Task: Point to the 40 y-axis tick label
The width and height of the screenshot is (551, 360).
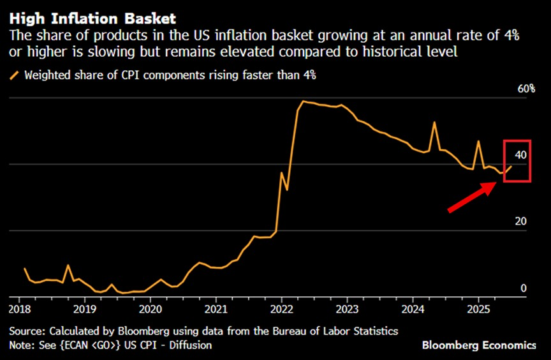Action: coord(520,155)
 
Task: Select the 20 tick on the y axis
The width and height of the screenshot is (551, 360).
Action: coord(520,221)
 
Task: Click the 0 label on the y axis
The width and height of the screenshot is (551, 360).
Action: coord(524,289)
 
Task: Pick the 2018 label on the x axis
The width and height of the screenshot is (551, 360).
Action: coord(21,308)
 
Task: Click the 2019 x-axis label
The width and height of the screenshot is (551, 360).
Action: coord(85,308)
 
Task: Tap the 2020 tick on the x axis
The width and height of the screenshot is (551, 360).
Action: coord(151,308)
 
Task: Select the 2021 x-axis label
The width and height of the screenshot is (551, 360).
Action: coord(216,308)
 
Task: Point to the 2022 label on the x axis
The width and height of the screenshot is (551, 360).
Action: coord(281,308)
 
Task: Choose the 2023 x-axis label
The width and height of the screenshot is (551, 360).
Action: coord(347,308)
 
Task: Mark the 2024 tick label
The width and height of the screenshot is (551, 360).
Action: coord(412,308)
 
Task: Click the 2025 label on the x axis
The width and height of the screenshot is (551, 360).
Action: coord(478,308)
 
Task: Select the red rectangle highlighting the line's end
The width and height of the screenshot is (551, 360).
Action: coord(517,160)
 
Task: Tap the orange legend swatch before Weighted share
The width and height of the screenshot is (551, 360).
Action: coord(15,75)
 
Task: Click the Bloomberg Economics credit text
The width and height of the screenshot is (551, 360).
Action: coord(479,345)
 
